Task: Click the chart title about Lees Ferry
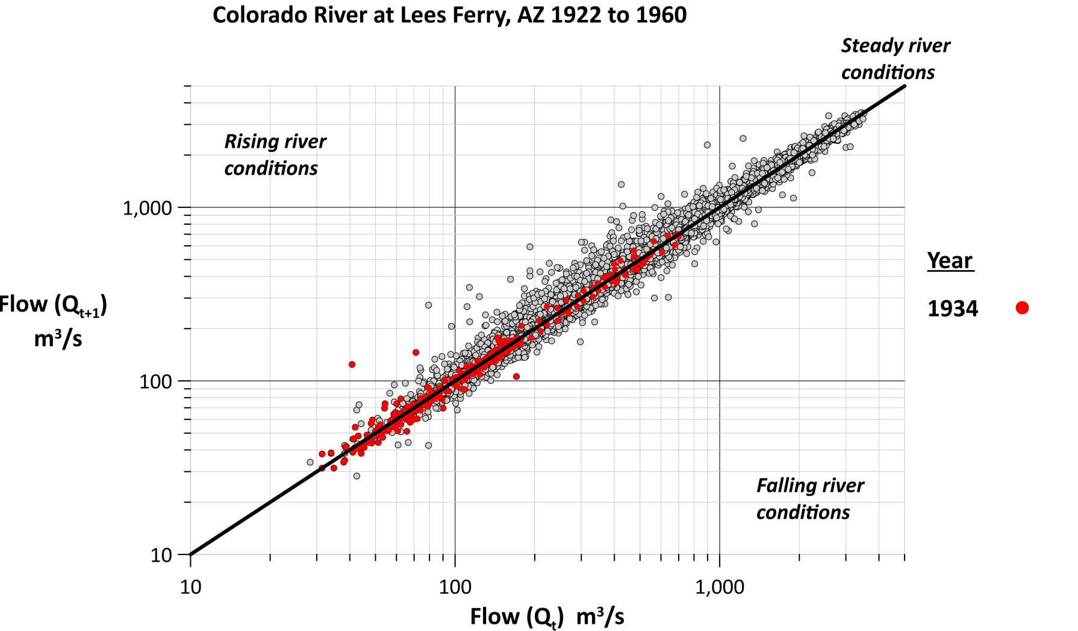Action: [449, 15]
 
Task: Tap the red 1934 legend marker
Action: [1021, 308]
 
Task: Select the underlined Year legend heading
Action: [950, 260]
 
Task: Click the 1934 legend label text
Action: [953, 309]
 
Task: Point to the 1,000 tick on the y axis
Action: [147, 209]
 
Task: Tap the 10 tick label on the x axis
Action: [190, 586]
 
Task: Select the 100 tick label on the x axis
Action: [455, 586]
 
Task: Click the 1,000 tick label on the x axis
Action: [720, 586]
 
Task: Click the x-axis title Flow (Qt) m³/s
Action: [547, 617]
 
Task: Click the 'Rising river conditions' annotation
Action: [275, 155]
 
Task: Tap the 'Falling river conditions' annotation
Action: [809, 498]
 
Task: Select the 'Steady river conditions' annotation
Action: [894, 58]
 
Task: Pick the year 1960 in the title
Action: [661, 15]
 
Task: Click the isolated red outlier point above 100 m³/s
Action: [352, 365]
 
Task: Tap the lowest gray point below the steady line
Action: [357, 476]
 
